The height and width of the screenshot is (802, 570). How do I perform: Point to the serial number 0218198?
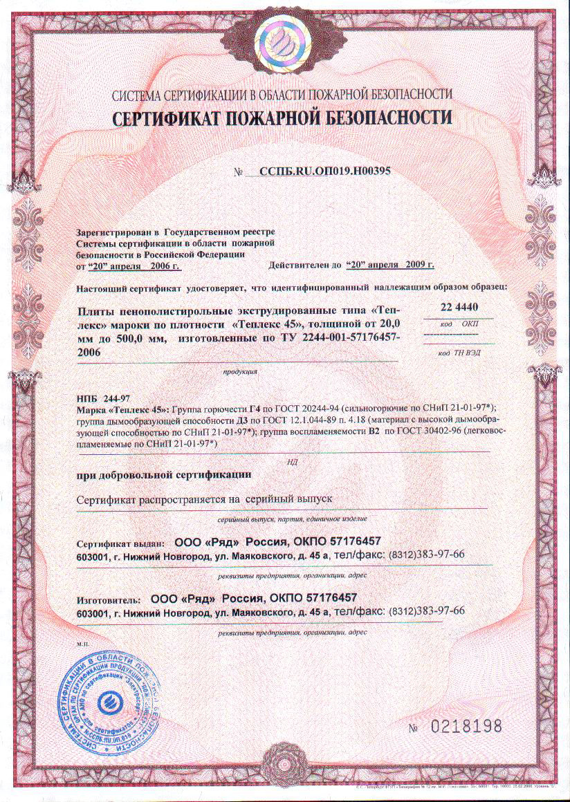tap(463, 727)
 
